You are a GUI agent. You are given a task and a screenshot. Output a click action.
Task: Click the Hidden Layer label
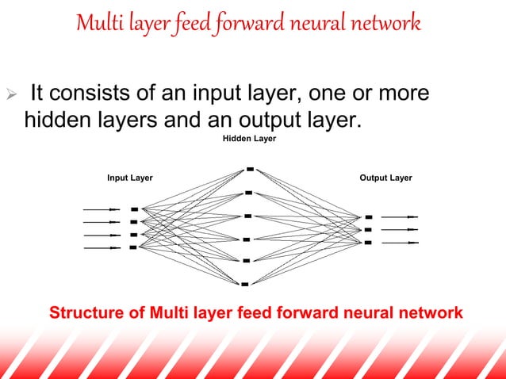[x=249, y=139]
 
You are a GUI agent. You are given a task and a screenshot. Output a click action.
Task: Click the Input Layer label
[x=130, y=178]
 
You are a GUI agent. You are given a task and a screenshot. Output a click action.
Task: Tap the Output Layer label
[x=385, y=178]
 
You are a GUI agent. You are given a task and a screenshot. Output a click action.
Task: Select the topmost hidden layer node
[x=250, y=168]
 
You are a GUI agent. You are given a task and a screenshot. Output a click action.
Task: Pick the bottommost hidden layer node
[x=246, y=283]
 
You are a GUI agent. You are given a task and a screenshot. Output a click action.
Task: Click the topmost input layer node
[x=134, y=209]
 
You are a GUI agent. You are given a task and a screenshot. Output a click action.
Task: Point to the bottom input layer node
[x=132, y=247]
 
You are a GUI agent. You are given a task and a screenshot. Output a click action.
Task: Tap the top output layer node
[x=368, y=216]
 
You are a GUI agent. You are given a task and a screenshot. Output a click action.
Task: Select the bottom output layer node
[x=367, y=243]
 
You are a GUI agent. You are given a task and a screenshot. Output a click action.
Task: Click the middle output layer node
[x=367, y=229]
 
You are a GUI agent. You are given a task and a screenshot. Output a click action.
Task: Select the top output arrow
[x=399, y=216]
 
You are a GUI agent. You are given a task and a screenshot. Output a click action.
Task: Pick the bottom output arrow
[x=399, y=243]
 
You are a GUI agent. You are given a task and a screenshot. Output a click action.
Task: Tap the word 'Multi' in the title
[x=96, y=23]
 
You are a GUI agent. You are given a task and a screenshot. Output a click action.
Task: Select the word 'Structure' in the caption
[x=87, y=313]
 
